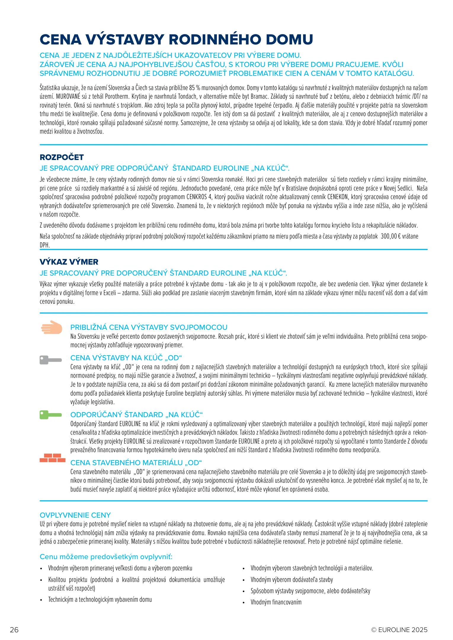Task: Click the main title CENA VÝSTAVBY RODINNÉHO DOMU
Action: click(x=176, y=40)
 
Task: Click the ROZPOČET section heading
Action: click(x=62, y=157)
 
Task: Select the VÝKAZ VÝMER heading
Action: click(x=69, y=262)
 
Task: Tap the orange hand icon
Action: click(x=52, y=327)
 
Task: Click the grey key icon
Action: click(x=50, y=360)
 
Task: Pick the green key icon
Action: click(x=50, y=415)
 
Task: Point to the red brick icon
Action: click(x=52, y=458)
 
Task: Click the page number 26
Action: click(x=14, y=630)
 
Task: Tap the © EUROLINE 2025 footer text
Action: click(x=399, y=630)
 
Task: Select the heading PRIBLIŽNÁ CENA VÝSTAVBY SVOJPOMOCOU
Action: click(x=149, y=327)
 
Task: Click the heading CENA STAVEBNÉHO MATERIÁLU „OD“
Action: click(x=136, y=463)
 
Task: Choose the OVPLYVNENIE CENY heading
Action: click(x=75, y=515)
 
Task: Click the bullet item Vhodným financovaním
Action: click(x=276, y=602)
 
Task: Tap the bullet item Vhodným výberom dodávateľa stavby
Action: click(x=292, y=580)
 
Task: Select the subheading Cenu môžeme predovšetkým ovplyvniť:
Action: click(x=106, y=557)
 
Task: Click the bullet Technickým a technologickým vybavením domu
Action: click(x=100, y=600)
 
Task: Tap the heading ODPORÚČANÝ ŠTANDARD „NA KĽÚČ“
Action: click(x=137, y=415)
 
